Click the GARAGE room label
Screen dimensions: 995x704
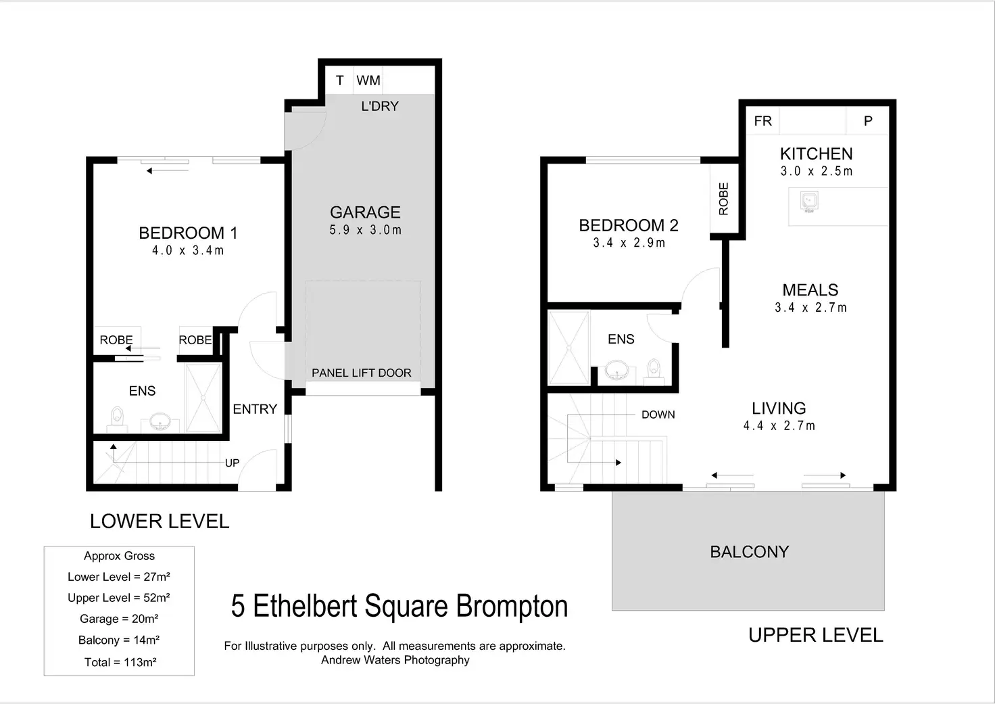click(365, 212)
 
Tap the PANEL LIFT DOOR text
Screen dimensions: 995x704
click(361, 373)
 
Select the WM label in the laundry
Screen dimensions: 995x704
click(368, 80)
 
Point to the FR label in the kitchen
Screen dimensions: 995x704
click(762, 121)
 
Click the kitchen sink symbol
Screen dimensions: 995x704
click(809, 202)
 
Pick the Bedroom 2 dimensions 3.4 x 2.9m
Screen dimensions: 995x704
click(629, 243)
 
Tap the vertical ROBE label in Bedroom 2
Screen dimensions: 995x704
click(724, 199)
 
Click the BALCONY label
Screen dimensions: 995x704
click(749, 552)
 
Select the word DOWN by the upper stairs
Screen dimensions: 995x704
click(658, 415)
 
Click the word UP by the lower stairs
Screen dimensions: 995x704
click(232, 463)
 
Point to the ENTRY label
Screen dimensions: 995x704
click(255, 409)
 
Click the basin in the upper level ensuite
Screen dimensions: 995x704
click(616, 370)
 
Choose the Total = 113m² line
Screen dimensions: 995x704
click(120, 662)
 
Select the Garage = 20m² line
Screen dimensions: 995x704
click(119, 619)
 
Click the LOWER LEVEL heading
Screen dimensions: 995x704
click(160, 521)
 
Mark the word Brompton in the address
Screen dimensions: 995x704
click(512, 606)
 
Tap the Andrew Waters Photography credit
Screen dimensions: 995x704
click(395, 660)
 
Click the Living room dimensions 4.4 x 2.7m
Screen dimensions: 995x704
click(779, 426)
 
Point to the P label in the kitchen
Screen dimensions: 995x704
click(868, 121)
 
